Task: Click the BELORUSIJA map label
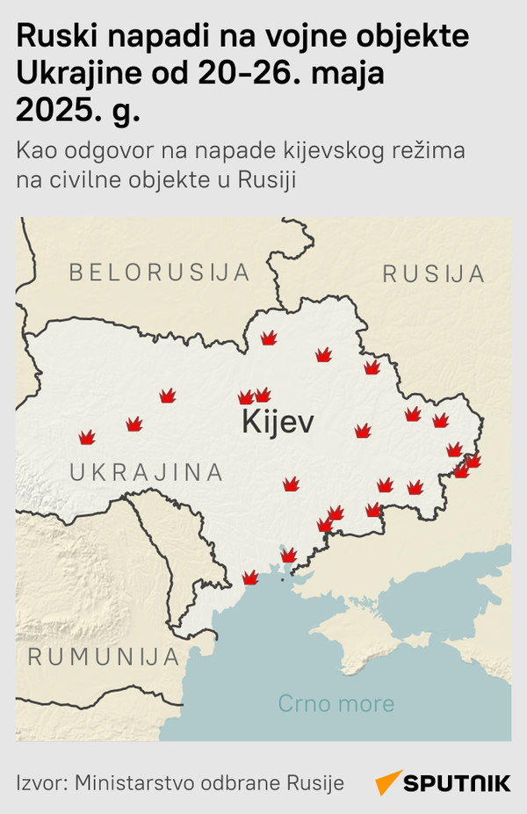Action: [x=160, y=273]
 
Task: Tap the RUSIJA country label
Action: [x=434, y=274]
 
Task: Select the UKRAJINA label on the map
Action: [x=146, y=472]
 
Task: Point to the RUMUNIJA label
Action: [x=104, y=657]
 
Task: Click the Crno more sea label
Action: [x=336, y=703]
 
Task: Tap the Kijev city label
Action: [x=277, y=422]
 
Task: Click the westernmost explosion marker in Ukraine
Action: [x=87, y=437]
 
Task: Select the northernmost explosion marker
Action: [x=269, y=338]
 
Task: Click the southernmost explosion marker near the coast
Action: [x=250, y=578]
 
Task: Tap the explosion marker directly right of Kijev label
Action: [x=362, y=431]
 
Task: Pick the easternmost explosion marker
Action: [x=473, y=460]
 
